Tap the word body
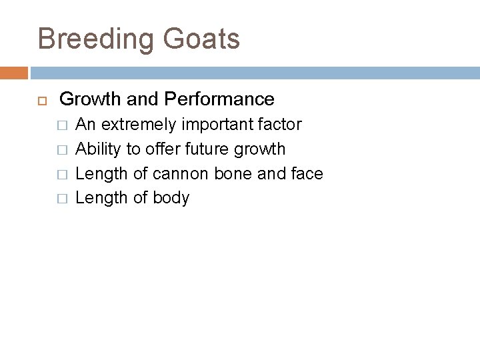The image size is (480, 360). (171, 199)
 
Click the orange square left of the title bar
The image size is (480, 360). (13, 72)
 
